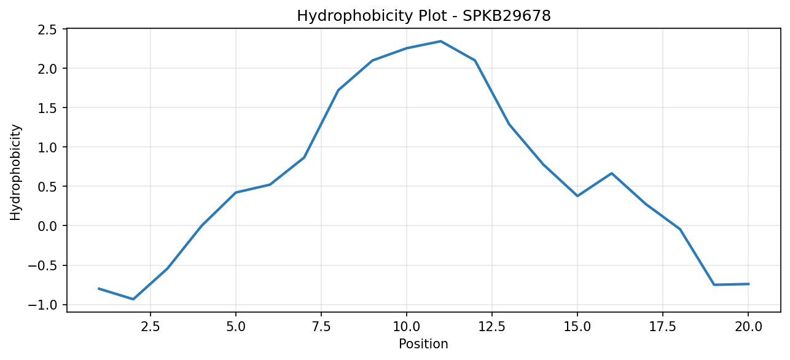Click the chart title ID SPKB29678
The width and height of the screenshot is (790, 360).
pyautogui.click(x=506, y=16)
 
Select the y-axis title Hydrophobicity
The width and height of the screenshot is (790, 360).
pyautogui.click(x=15, y=173)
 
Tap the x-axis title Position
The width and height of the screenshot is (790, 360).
pyautogui.click(x=423, y=344)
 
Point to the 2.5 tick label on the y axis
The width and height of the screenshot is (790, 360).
pyautogui.click(x=47, y=29)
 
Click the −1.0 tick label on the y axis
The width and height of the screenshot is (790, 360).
pyautogui.click(x=42, y=305)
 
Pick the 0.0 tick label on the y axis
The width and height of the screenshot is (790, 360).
pyautogui.click(x=47, y=226)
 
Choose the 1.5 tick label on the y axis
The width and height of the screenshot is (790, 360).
pyautogui.click(x=47, y=108)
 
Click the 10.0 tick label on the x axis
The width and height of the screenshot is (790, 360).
pyautogui.click(x=407, y=327)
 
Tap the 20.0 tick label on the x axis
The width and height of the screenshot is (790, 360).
pyautogui.click(x=748, y=327)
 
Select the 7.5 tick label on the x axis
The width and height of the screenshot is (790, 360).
pyautogui.click(x=321, y=327)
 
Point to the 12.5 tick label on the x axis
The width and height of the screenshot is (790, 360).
pyautogui.click(x=492, y=327)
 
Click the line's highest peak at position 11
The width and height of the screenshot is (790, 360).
pyautogui.click(x=440, y=41)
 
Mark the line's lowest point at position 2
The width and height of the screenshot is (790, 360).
pyautogui.click(x=133, y=299)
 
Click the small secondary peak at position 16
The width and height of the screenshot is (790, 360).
pyautogui.click(x=612, y=173)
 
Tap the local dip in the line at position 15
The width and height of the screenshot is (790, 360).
pyautogui.click(x=577, y=196)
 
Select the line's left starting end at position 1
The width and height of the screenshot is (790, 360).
pyautogui.click(x=99, y=288)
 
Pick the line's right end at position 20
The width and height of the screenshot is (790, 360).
pyautogui.click(x=748, y=284)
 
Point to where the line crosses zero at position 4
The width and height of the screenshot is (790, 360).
pyautogui.click(x=201, y=225)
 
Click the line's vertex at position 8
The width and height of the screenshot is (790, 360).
pyautogui.click(x=338, y=90)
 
